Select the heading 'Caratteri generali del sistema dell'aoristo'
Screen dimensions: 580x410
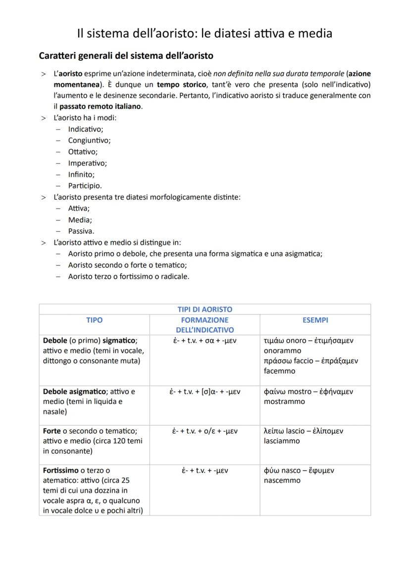126,55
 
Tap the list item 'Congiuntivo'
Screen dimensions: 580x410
89,140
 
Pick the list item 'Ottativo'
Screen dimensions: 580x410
83,152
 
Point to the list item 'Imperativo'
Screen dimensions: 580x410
87,163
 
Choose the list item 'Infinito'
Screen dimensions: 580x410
81,174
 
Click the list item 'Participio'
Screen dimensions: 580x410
85,186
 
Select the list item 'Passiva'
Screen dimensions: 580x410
81,231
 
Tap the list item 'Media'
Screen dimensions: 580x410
80,219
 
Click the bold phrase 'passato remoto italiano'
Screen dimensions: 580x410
101,106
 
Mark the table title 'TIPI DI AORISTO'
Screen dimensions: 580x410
205,309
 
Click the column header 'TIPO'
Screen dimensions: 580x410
94,320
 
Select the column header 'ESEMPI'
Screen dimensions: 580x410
315,320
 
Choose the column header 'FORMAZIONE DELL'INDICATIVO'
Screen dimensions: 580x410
205,325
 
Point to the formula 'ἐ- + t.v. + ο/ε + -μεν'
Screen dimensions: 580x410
205,431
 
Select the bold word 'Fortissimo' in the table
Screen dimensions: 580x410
60,470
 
